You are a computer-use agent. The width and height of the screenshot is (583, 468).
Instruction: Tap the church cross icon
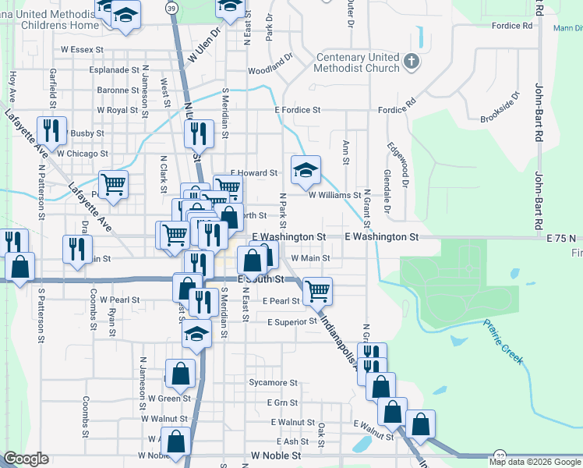pos(412,60)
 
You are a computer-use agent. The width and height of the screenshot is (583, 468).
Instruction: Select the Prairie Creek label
pos(503,342)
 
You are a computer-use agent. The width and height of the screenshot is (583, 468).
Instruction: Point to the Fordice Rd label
pos(512,26)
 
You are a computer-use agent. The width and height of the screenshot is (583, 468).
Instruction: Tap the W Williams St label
pos(334,196)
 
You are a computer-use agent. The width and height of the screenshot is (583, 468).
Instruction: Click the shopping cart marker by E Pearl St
pos(316,291)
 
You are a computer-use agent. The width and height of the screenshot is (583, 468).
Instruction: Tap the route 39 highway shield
pos(171,6)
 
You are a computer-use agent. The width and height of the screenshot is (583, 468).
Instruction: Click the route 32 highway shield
pos(499,456)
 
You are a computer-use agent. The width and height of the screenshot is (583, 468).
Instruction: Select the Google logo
pos(26,459)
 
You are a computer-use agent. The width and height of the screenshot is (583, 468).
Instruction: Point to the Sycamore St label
pos(273,383)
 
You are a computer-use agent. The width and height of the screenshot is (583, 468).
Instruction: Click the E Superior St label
pos(292,321)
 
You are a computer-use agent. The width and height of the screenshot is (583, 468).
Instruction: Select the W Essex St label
pos(82,50)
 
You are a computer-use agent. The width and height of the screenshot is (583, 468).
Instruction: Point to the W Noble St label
pos(270,455)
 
